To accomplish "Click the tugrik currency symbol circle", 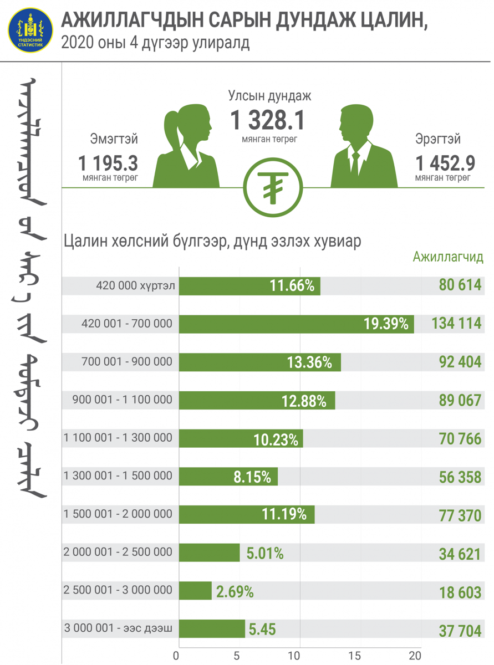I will (272, 188).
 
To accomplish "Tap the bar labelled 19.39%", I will (297, 324).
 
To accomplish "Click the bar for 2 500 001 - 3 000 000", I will (195, 591).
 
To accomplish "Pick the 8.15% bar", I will (228, 477).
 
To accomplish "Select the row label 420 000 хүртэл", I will (135, 286).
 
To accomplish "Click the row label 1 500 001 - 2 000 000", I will (118, 514).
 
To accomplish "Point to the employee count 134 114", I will (456, 324).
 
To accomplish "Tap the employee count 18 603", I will (460, 592).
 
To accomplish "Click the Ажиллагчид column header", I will (447, 257).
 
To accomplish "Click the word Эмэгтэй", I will (114, 139).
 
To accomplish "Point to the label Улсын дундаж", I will (270, 95).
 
